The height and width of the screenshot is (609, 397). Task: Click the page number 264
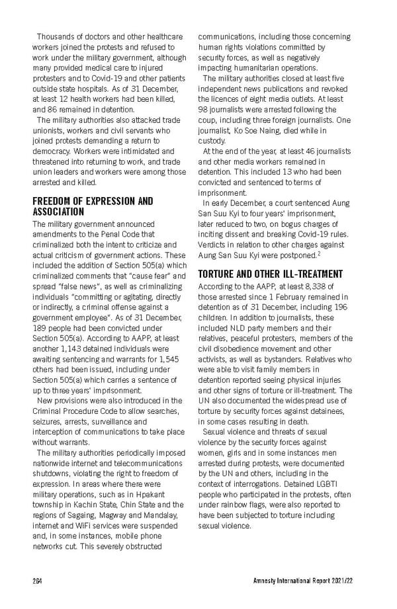point(37,580)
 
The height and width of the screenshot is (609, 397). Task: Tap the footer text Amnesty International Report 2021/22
point(301,580)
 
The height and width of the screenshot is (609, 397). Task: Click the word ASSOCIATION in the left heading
point(58,212)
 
